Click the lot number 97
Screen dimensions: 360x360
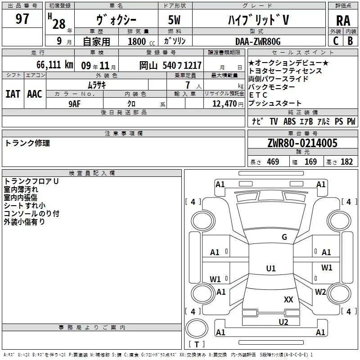point(22,19)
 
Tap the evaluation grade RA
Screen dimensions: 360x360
point(343,20)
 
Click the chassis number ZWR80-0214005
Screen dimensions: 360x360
point(302,144)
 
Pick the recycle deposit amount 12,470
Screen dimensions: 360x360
point(224,104)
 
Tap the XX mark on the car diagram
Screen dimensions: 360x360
point(288,299)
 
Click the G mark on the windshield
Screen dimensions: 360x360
point(284,237)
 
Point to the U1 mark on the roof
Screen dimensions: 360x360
point(270,269)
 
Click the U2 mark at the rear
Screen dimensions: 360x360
point(283,321)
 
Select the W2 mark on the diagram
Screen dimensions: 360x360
point(320,292)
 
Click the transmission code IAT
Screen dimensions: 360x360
point(13,94)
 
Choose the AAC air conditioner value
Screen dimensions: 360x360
point(34,94)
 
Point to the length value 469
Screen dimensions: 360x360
point(273,162)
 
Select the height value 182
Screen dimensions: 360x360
point(346,162)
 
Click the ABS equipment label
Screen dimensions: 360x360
point(289,121)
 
